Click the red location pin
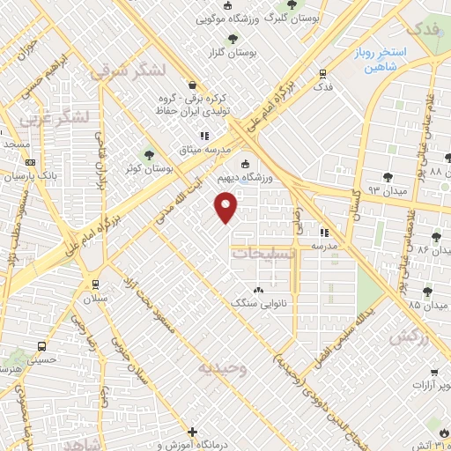pos(226,209)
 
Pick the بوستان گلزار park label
pos(233,54)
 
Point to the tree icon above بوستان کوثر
pos(149,153)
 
